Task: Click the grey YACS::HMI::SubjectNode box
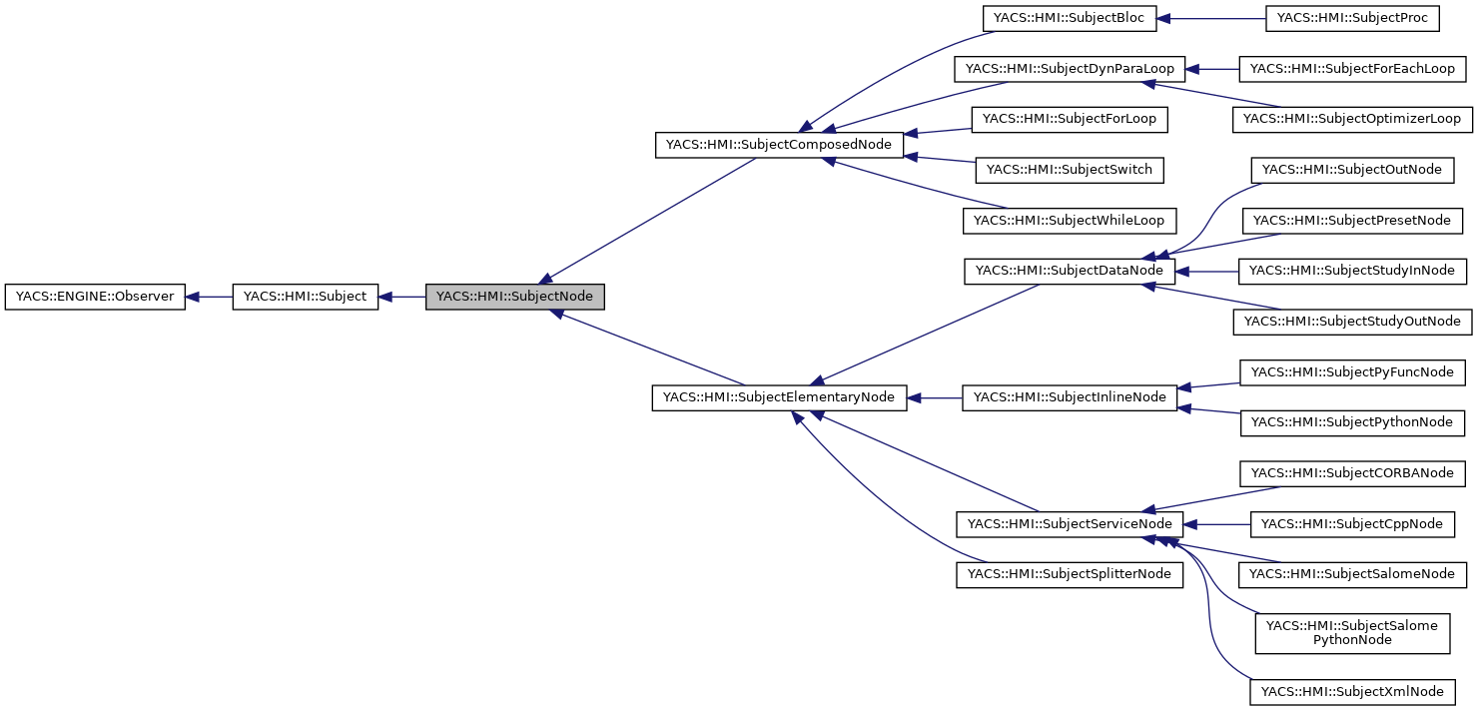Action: [514, 297]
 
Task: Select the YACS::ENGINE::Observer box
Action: [95, 297]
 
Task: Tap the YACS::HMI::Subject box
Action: [305, 297]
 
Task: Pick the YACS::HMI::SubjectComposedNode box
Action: [779, 145]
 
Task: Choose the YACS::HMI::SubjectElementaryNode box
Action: [779, 397]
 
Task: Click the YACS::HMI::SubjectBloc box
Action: [1069, 18]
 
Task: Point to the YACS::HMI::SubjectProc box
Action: [1351, 18]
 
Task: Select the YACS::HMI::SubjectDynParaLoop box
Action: [1070, 69]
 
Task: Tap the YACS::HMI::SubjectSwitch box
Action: [1070, 170]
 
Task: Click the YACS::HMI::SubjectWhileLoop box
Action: [1070, 220]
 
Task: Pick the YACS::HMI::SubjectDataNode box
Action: [1070, 271]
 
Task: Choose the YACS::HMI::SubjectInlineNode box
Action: [1070, 397]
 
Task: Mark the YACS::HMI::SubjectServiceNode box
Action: [1070, 523]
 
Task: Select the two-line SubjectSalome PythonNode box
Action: [1352, 633]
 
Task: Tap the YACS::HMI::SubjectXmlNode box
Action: [1352, 692]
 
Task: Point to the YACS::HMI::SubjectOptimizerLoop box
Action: [1352, 119]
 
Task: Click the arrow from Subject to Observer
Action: [210, 297]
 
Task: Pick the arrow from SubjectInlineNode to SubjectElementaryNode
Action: [935, 397]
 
